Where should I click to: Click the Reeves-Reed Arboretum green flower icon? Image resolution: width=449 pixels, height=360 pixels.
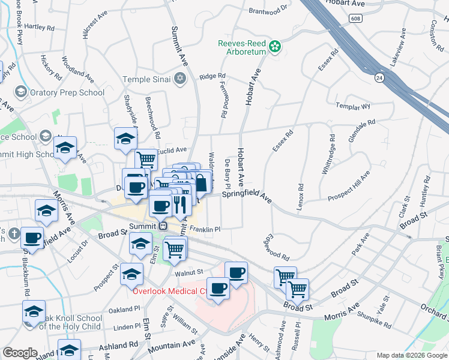[x=275, y=46]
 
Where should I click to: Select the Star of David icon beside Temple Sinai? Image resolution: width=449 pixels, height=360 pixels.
[x=179, y=79]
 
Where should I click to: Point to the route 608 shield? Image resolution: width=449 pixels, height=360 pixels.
[x=356, y=19]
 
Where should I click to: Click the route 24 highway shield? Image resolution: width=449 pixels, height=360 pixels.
[x=379, y=77]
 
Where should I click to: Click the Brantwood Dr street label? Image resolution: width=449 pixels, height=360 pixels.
[x=268, y=11]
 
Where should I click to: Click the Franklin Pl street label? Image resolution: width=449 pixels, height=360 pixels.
[x=205, y=229]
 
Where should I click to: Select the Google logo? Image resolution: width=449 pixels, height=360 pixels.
[x=19, y=353]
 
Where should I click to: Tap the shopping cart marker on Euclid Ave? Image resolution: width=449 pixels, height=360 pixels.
[x=146, y=160]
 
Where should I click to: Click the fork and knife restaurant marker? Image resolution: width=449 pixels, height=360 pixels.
[x=180, y=205]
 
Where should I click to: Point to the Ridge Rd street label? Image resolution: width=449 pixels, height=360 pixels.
[x=212, y=76]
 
